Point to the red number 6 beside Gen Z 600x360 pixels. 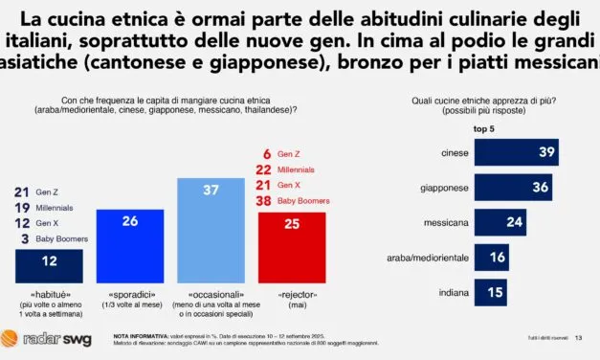266,153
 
